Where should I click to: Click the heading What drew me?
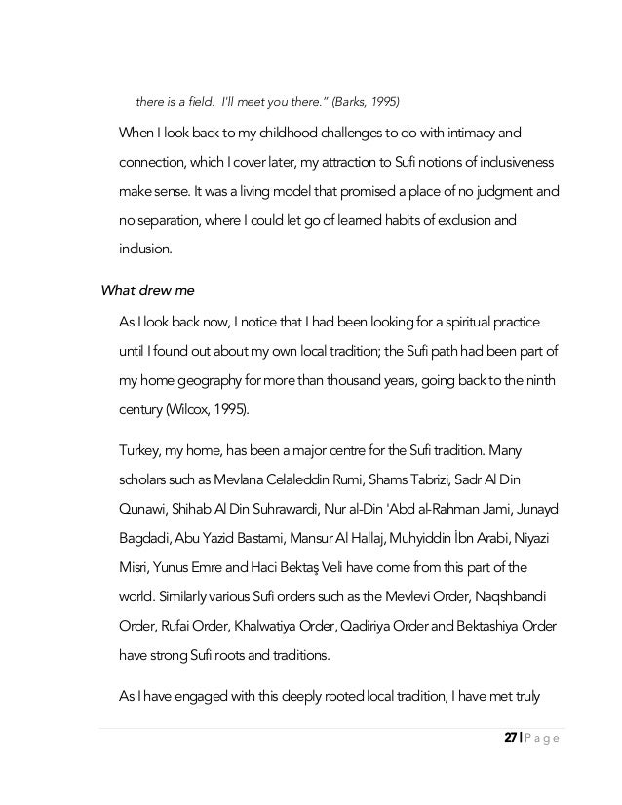click(x=148, y=289)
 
